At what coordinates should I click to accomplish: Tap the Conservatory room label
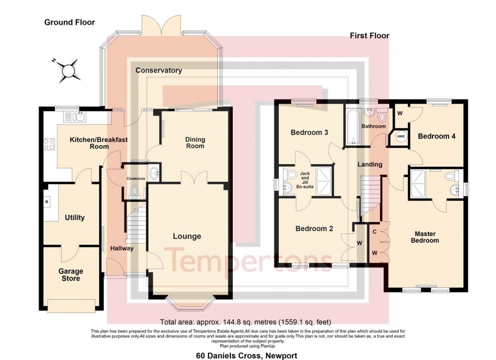(158, 70)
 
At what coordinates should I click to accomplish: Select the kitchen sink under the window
(76, 117)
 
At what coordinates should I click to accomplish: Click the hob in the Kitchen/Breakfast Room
(50, 144)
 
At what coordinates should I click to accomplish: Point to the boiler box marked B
(47, 202)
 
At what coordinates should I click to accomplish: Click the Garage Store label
(70, 275)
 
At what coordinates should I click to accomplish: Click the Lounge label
(187, 236)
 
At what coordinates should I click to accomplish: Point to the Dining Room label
(195, 143)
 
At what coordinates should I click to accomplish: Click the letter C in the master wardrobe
(374, 232)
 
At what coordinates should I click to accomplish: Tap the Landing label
(369, 164)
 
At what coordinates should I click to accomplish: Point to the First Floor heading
(369, 36)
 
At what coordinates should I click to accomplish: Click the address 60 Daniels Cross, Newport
(246, 355)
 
